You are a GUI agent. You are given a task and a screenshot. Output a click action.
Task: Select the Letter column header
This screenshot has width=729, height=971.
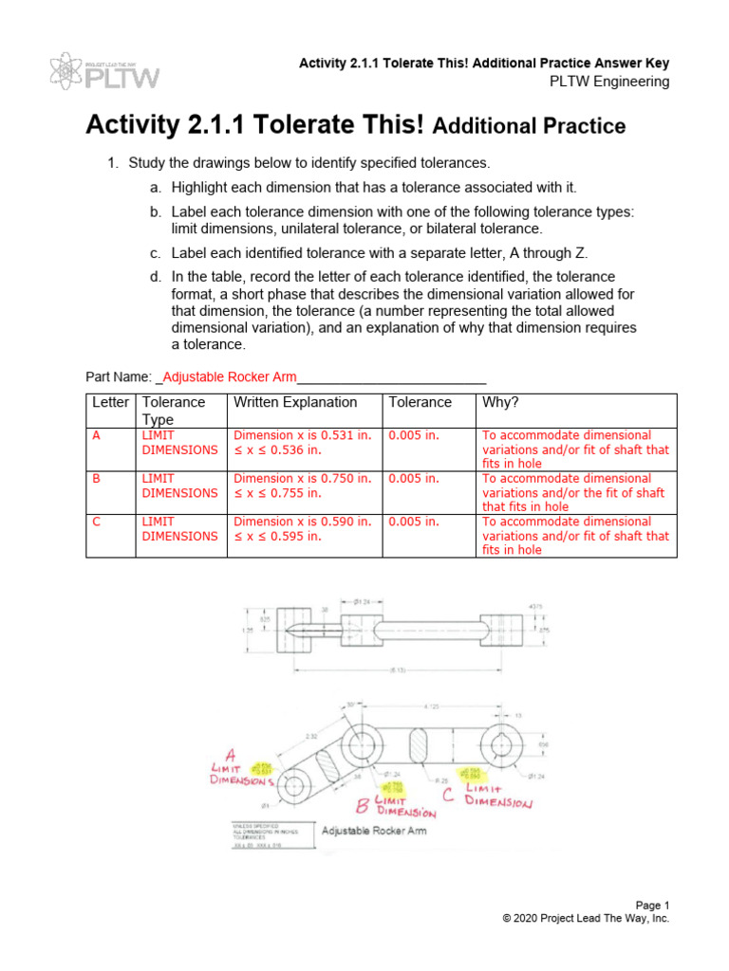(x=110, y=402)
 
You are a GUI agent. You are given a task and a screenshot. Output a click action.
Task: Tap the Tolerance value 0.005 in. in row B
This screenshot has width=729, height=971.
(x=414, y=479)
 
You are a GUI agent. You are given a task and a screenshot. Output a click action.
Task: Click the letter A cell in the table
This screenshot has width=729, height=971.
(x=95, y=436)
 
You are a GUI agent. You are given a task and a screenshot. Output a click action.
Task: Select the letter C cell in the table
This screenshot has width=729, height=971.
(x=95, y=522)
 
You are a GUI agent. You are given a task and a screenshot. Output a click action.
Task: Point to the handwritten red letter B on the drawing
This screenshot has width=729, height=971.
(x=361, y=806)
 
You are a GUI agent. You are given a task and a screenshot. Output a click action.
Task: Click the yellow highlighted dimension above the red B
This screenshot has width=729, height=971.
(x=391, y=787)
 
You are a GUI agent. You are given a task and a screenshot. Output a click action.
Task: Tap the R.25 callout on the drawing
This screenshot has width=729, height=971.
(x=442, y=779)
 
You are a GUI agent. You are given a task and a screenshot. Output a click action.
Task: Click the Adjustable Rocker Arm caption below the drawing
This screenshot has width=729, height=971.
(x=374, y=831)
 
